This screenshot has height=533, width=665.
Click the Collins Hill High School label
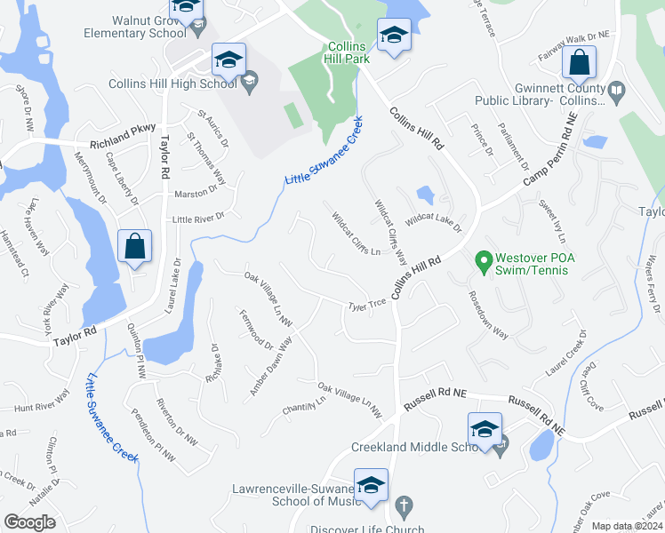pyautogui.click(x=172, y=84)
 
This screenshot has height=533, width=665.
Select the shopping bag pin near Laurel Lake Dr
pyautogui.click(x=134, y=248)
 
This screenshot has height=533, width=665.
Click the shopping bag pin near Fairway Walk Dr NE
pyautogui.click(x=579, y=64)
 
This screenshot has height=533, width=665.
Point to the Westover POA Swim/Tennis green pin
pyautogui.click(x=484, y=262)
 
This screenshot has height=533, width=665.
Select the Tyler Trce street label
pyautogui.click(x=367, y=305)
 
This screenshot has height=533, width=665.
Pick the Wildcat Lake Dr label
pyautogui.click(x=433, y=222)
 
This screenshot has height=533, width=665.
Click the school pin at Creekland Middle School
pyautogui.click(x=485, y=429)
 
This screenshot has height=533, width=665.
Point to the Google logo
pyautogui.click(x=29, y=522)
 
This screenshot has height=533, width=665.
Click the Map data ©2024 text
pyautogui.click(x=626, y=526)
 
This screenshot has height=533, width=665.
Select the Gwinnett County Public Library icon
pyautogui.click(x=615, y=90)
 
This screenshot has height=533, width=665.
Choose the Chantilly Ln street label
pyautogui.click(x=304, y=404)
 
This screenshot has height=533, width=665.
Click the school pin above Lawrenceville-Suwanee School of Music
pyautogui.click(x=372, y=486)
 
